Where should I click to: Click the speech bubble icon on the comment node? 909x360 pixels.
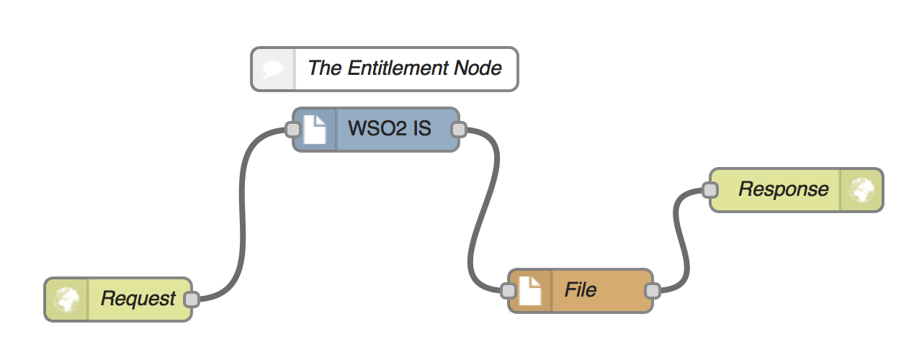coord(273,69)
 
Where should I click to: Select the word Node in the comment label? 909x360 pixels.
coord(478,68)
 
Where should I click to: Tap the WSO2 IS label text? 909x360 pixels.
coord(390,130)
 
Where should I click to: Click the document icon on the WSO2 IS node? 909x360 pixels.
coord(315,130)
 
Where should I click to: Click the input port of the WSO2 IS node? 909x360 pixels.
coord(292,130)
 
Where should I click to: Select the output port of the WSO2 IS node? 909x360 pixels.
coord(458,130)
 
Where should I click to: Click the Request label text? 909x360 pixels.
coord(138,299)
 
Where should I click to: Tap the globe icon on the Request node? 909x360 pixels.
coord(67,299)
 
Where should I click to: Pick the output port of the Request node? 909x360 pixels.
coord(191,299)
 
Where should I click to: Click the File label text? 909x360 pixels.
coord(580,290)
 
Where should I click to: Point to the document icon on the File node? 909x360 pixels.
coord(530,291)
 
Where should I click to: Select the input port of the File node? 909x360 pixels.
coord(508,291)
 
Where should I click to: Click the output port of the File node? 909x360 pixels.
coord(652,291)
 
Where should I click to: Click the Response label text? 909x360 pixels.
coord(783,190)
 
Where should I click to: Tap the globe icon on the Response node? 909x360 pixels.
coord(861,190)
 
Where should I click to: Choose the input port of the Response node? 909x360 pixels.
coord(709,190)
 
